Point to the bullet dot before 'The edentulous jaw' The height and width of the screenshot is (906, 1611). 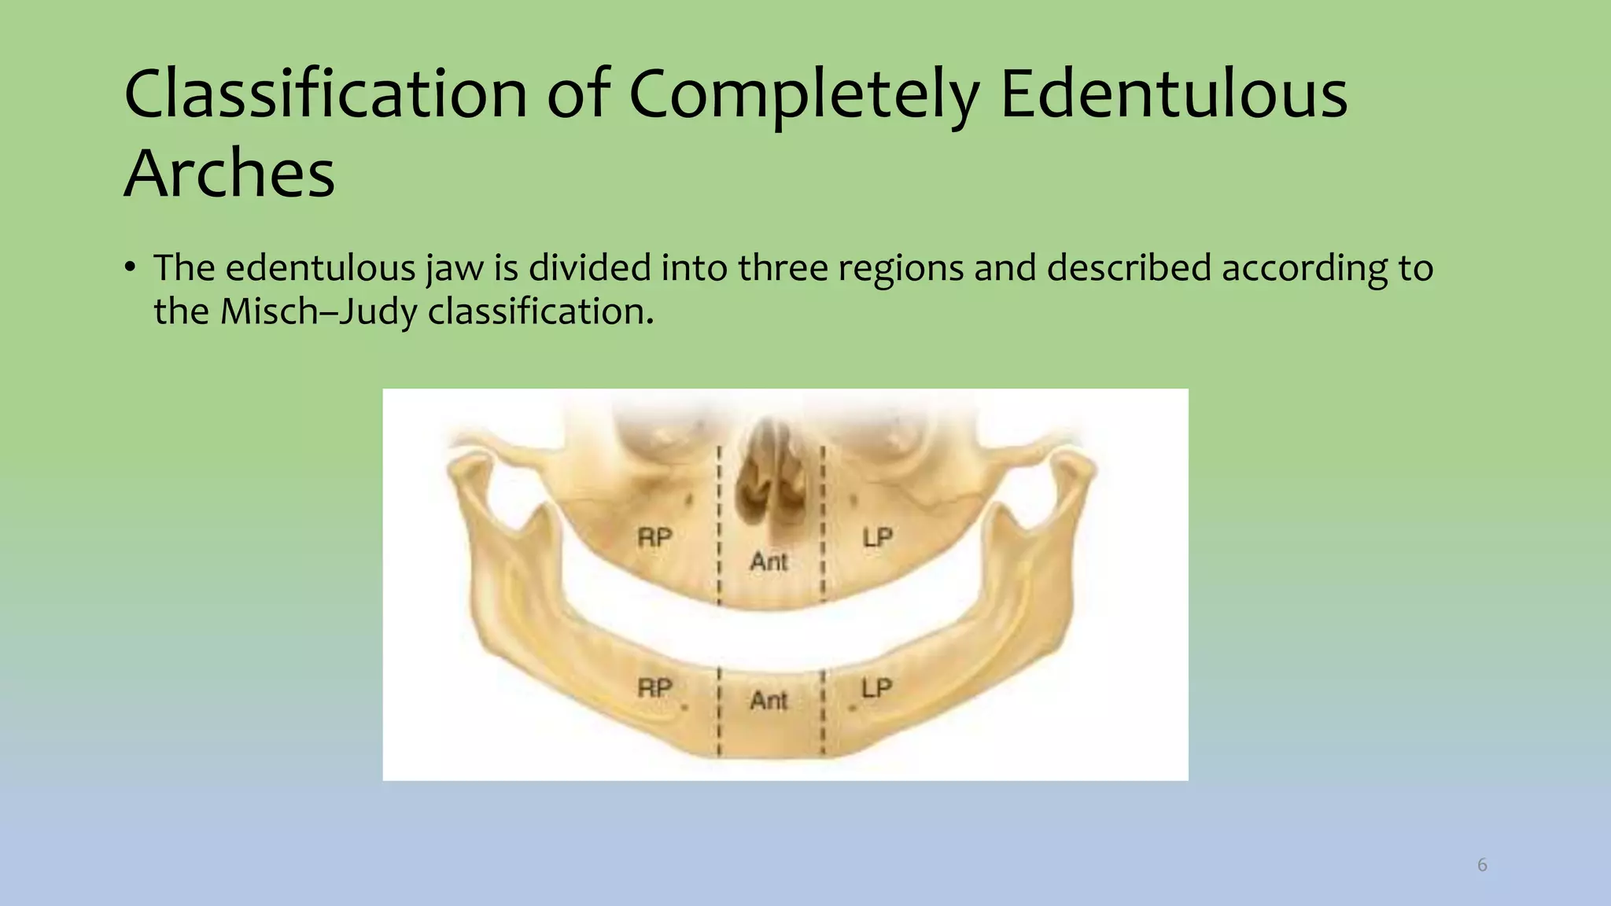pos(130,267)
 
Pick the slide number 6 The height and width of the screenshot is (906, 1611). pos(1482,865)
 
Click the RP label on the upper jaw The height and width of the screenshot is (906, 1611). pos(654,538)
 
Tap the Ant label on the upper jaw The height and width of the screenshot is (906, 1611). pos(769,562)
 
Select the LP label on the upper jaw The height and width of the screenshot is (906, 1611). pos(877,538)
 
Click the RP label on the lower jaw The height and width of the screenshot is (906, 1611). pos(654,688)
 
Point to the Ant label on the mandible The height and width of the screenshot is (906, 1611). pos(769,700)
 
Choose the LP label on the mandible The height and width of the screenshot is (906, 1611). pos(876,688)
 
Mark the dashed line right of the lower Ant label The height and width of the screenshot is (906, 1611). pos(823,712)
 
